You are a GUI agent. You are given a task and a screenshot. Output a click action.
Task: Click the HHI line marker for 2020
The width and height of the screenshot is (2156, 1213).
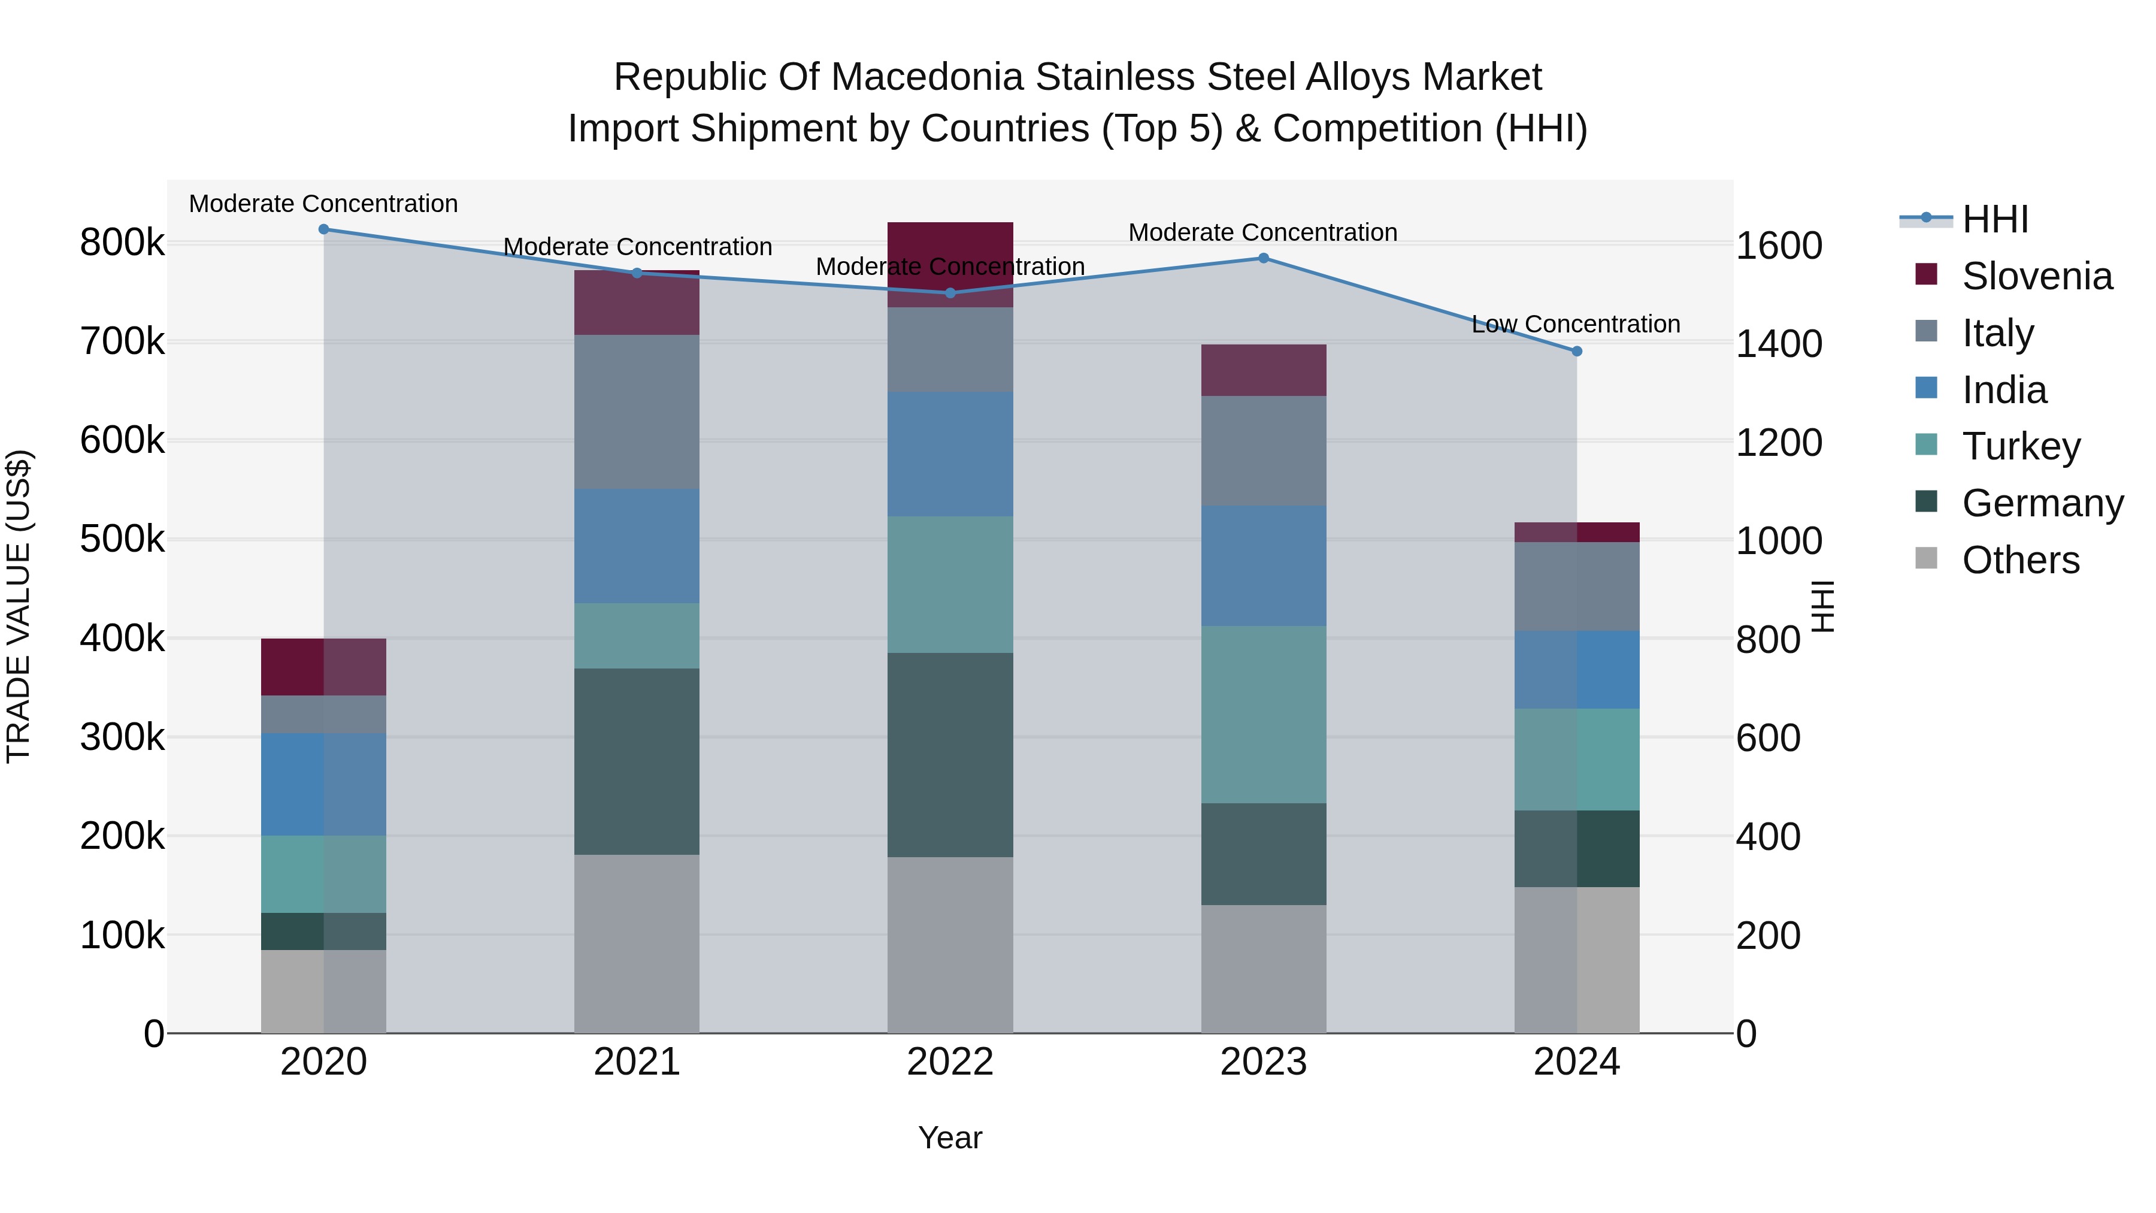point(324,229)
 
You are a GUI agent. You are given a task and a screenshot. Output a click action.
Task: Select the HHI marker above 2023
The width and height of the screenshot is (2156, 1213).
point(1264,258)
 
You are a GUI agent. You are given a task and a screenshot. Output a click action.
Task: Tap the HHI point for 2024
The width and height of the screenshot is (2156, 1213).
point(1577,352)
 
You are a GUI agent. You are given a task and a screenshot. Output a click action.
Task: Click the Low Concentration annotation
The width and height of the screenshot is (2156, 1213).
point(1575,324)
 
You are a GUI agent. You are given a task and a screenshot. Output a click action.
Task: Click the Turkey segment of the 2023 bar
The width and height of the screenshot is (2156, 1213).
point(1264,714)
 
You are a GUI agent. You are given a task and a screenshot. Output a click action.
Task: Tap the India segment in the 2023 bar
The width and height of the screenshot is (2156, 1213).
point(1264,566)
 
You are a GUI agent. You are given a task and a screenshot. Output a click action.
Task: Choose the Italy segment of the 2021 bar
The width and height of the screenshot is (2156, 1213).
point(637,412)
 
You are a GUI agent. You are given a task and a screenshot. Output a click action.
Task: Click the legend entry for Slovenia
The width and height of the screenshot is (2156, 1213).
point(2036,276)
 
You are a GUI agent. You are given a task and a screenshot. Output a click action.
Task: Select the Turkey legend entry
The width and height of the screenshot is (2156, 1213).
point(2021,446)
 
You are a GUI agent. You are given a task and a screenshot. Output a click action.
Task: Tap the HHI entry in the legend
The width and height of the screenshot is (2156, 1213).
point(1994,219)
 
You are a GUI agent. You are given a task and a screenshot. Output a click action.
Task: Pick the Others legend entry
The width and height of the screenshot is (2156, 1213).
point(2019,560)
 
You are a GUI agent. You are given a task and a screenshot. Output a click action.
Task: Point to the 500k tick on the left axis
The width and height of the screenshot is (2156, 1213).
point(122,539)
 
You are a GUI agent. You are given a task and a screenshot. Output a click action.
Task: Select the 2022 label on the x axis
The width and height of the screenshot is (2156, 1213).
point(950,1062)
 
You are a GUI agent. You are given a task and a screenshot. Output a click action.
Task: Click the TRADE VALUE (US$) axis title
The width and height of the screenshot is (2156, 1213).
point(19,606)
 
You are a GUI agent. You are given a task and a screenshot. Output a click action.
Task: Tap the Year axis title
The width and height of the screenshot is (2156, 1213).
point(950,1138)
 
